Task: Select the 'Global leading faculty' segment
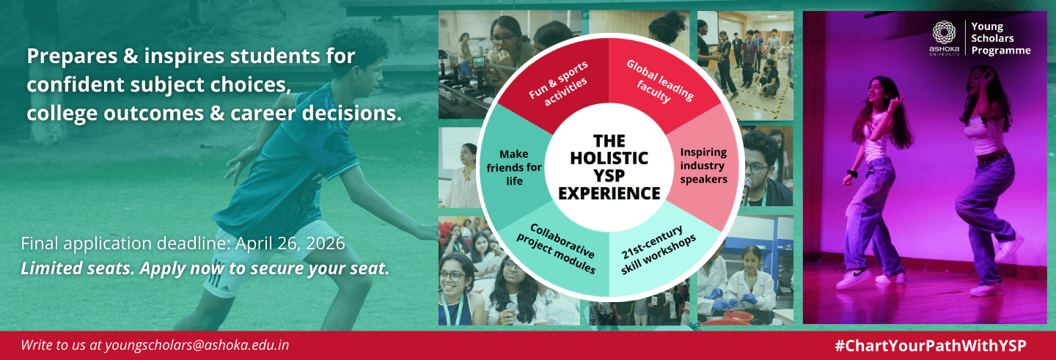pos(660,81)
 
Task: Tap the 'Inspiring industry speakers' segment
pos(703,166)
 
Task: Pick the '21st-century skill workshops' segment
pos(659,250)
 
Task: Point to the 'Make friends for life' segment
pos(514,167)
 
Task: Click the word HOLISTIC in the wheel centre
pos(609,158)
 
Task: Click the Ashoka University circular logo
pos(945,33)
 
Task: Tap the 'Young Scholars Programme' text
pos(1000,39)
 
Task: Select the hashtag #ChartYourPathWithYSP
pos(930,346)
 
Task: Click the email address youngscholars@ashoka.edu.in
pos(197,345)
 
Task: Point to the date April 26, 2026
pos(290,243)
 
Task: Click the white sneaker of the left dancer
pos(854,278)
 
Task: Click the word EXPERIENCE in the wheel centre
pos(609,194)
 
